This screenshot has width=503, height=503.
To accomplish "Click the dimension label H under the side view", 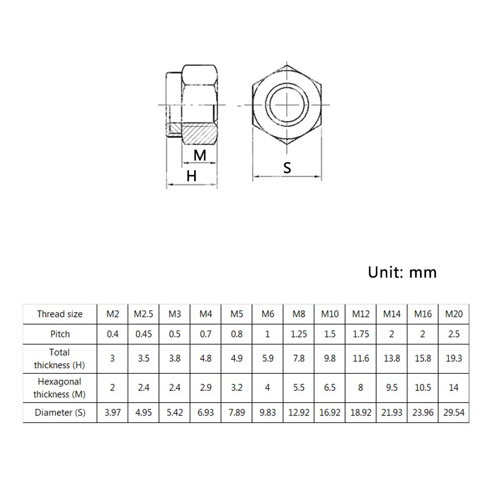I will [x=191, y=176].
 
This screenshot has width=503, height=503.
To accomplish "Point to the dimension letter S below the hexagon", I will [x=287, y=167].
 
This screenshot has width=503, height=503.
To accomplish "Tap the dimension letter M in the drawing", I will [x=200, y=155].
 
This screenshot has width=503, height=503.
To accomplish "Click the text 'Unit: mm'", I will [x=402, y=272].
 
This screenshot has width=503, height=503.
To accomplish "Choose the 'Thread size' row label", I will [x=59, y=314].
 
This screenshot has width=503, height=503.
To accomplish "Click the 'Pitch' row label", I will [x=59, y=334].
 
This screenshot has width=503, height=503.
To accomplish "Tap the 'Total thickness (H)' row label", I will [x=59, y=358].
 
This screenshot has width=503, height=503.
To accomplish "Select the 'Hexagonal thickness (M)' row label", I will [x=59, y=388].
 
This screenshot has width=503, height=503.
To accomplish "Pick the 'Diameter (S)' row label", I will [x=59, y=413].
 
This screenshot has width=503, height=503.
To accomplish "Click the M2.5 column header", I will [x=143, y=314].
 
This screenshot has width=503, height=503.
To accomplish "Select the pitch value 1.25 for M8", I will [x=299, y=334].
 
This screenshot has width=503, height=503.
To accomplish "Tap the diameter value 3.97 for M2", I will [x=112, y=413].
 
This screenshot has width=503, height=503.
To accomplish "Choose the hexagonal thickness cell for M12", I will [x=361, y=388].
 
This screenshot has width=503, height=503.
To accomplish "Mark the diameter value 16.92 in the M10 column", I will [x=330, y=413].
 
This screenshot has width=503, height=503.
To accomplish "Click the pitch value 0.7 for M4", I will [x=206, y=334].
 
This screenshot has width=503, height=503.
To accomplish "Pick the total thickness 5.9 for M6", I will [x=268, y=358].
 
